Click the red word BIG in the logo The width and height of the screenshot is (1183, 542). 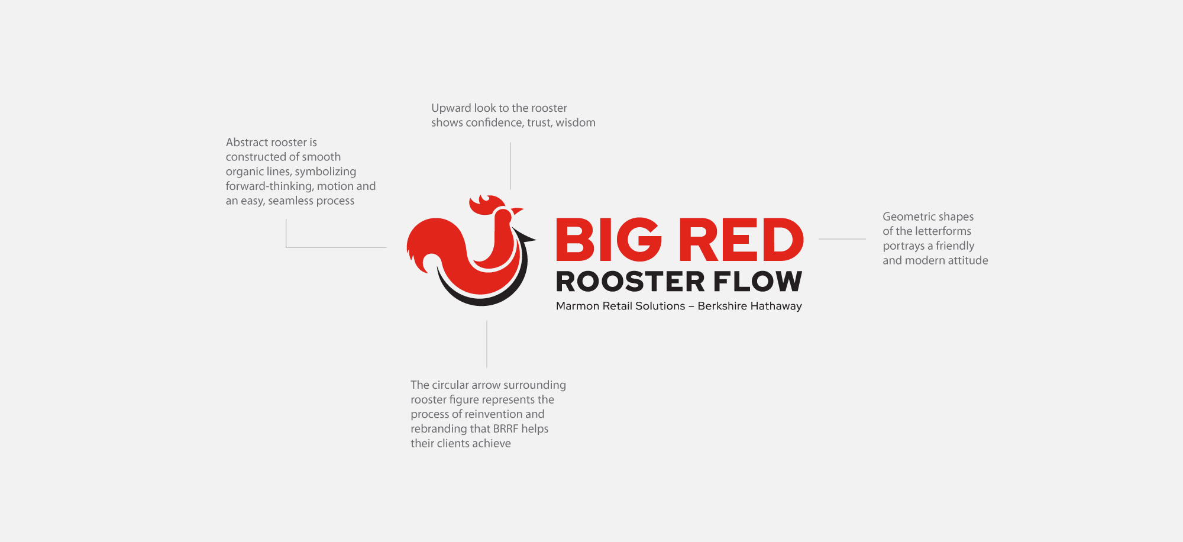click(609, 240)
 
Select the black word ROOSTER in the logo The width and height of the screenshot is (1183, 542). click(631, 282)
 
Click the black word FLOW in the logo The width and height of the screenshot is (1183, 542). click(758, 282)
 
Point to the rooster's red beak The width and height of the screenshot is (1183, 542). click(517, 211)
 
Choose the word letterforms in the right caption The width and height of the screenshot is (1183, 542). click(942, 231)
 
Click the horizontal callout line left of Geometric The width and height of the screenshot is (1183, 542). click(842, 239)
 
